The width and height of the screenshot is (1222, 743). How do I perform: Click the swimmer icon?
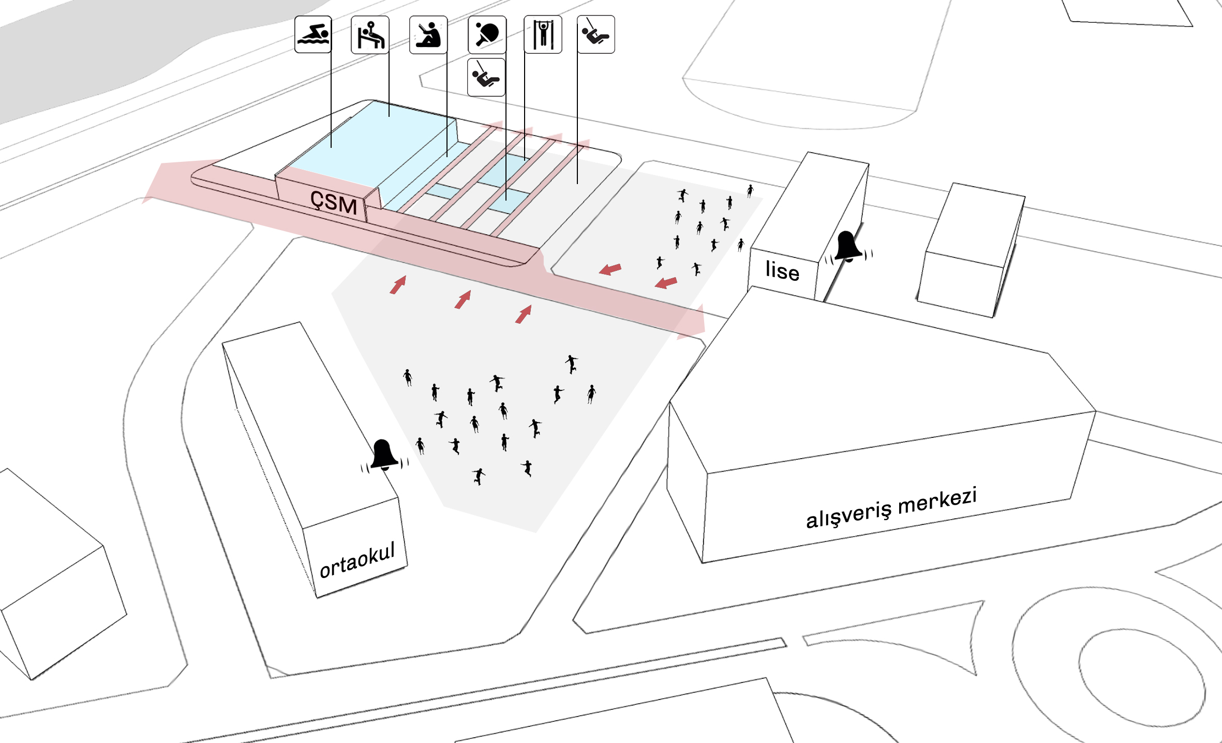click(x=313, y=35)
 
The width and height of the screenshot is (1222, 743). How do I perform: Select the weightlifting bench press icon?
click(x=370, y=35)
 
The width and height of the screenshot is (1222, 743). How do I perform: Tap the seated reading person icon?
click(x=428, y=35)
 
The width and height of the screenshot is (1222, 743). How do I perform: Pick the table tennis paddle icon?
click(x=487, y=35)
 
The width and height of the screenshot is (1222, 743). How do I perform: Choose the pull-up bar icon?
click(x=543, y=35)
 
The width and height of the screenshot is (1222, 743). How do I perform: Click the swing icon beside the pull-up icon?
click(x=596, y=35)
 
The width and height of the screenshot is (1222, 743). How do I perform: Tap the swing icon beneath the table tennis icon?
click(x=486, y=77)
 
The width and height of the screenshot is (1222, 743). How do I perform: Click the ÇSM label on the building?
click(x=334, y=202)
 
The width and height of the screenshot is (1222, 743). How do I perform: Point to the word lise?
click(x=782, y=271)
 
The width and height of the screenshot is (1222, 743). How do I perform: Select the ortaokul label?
click(x=357, y=560)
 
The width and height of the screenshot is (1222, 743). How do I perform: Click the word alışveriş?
click(x=849, y=514)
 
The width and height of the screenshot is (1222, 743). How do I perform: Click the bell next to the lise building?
click(x=848, y=247)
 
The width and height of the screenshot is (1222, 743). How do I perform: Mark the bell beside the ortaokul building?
click(x=384, y=456)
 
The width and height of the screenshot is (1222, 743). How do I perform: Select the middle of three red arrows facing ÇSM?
click(x=463, y=299)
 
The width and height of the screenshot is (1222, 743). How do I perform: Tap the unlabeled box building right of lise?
click(x=971, y=250)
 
